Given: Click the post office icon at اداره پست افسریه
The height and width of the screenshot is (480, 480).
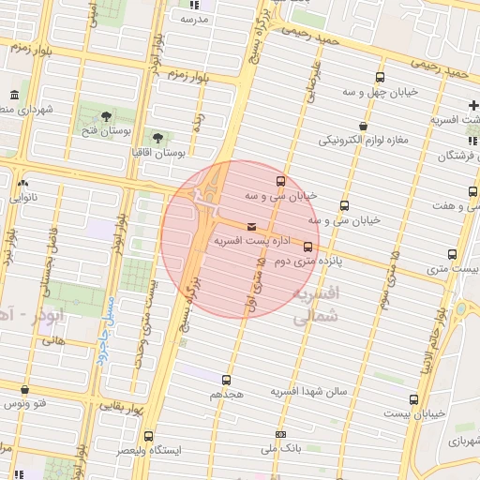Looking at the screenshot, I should [x=250, y=227].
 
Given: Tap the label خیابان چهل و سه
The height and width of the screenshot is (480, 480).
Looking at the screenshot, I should [x=380, y=93].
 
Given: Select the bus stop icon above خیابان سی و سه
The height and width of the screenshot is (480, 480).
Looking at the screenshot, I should [x=280, y=181].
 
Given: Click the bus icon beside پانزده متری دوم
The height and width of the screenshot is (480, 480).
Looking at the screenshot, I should [x=307, y=247].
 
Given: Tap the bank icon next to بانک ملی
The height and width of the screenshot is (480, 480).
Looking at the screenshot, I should [x=281, y=434].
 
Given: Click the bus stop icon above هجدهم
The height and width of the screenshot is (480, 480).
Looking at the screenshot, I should [x=226, y=380].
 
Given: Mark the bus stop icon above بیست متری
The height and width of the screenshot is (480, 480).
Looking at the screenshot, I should [x=453, y=254].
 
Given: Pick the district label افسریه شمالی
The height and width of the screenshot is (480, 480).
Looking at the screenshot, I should [x=315, y=306].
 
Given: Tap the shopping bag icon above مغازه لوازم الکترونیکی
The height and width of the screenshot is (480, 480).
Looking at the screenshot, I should [x=363, y=126].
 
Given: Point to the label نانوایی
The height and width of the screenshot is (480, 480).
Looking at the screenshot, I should [x=23, y=198].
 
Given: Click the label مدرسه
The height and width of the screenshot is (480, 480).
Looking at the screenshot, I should [x=193, y=19].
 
